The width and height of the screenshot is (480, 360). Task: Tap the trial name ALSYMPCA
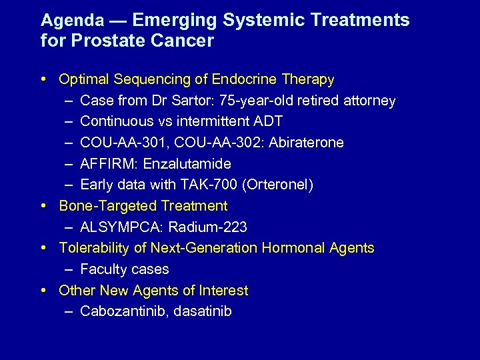coord(121,227)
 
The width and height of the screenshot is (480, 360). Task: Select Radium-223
coord(208,227)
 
